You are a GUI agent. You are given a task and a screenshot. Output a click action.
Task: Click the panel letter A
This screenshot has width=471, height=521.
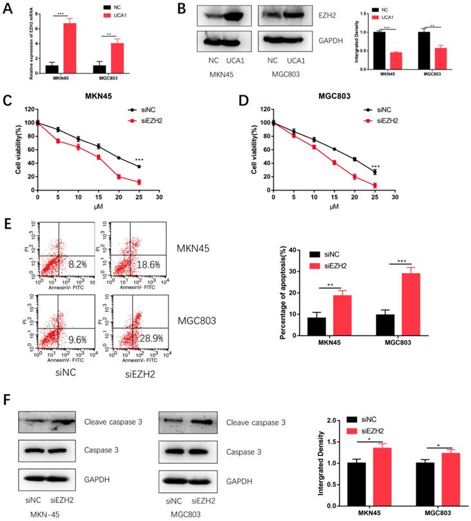point(8,8)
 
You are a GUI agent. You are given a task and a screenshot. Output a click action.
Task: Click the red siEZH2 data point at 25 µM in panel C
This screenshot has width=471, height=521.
point(139,182)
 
